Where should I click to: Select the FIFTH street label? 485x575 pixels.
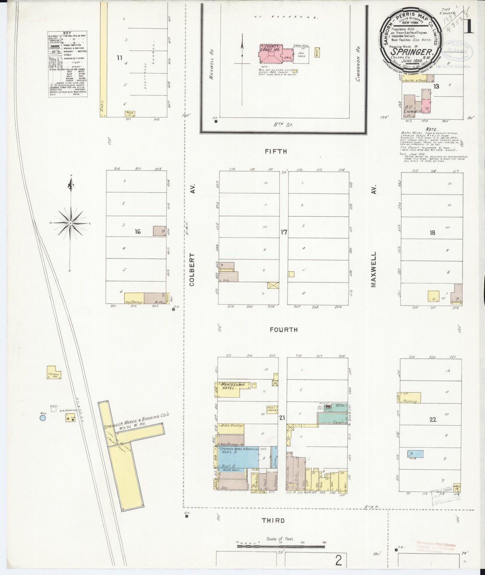pyautogui.click(x=276, y=151)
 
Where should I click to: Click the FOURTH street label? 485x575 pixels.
pyautogui.click(x=284, y=330)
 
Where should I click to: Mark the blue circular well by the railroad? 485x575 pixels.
pyautogui.click(x=43, y=418)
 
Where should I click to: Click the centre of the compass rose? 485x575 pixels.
pyautogui.click(x=70, y=223)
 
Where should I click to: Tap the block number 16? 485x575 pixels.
pyautogui.click(x=138, y=231)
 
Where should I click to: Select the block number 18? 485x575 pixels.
pyautogui.click(x=432, y=232)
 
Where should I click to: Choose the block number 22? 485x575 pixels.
pyautogui.click(x=433, y=419)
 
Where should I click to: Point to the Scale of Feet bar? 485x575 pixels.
pyautogui.click(x=281, y=547)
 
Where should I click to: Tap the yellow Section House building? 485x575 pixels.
pyautogui.click(x=54, y=372)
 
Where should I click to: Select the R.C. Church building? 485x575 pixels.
pyautogui.click(x=410, y=106)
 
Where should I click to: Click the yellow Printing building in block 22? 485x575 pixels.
pyautogui.click(x=410, y=398)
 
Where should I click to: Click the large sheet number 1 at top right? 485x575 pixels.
pyautogui.click(x=469, y=25)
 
